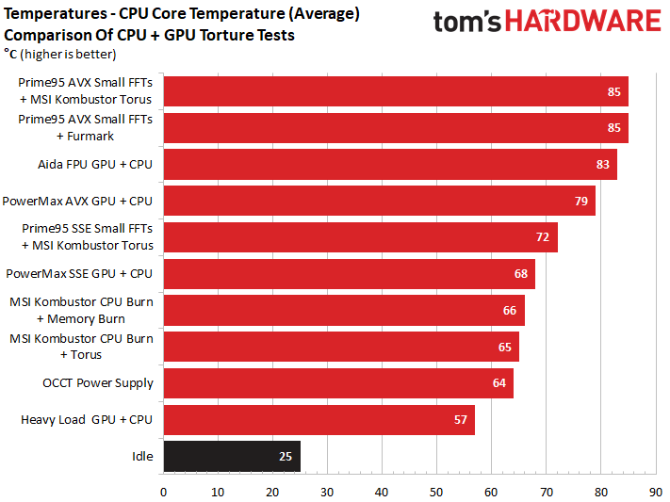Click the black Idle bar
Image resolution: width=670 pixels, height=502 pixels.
click(x=232, y=456)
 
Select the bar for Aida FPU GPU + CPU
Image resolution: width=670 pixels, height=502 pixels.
click(x=390, y=164)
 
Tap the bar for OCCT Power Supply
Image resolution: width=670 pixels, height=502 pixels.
click(x=338, y=383)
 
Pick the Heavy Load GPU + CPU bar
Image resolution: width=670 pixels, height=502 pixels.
click(x=319, y=419)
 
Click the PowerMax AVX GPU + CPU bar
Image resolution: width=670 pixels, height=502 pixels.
click(x=379, y=201)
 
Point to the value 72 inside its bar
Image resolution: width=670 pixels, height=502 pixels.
click(x=543, y=237)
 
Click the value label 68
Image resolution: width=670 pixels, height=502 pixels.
click(x=520, y=274)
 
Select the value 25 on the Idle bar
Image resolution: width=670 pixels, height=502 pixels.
click(x=286, y=456)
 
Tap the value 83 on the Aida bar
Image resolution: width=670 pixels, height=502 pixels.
click(x=602, y=164)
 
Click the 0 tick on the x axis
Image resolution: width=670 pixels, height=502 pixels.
click(x=164, y=491)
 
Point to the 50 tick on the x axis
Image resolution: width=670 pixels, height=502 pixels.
click(x=436, y=491)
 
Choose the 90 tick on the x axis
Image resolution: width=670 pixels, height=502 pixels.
click(x=655, y=491)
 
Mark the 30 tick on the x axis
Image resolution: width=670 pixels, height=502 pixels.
click(x=327, y=491)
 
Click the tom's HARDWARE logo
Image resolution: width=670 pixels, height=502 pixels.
click(x=547, y=22)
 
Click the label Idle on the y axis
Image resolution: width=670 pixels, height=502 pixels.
click(x=142, y=456)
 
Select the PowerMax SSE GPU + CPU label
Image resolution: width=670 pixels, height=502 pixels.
click(x=79, y=274)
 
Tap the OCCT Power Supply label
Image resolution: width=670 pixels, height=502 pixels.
click(x=98, y=383)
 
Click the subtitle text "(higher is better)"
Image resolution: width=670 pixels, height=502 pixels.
click(x=67, y=54)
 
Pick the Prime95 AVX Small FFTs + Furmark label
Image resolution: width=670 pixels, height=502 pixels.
click(x=86, y=127)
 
